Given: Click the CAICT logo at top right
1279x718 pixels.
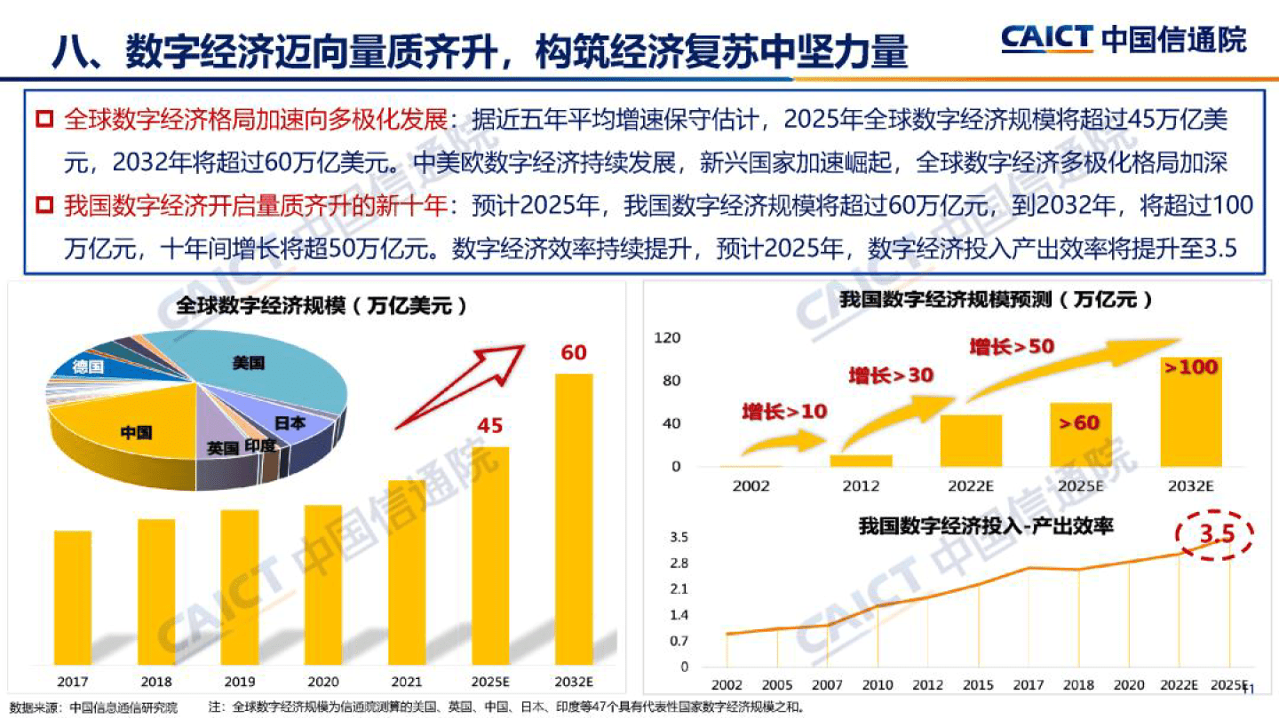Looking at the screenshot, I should pos(1123,39).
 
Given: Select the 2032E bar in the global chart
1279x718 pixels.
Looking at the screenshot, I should pos(574,518).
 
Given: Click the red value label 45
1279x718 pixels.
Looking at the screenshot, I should pos(489,426).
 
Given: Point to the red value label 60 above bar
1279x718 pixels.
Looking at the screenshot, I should pos(574,353).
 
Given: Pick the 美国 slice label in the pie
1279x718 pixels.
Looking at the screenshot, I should pos(249,363).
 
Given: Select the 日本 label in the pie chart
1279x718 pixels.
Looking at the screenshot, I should pos(290,423).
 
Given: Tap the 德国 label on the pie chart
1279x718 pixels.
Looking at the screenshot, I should pos(89,367).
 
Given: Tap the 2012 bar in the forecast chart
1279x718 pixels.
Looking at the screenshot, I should pos(861,460).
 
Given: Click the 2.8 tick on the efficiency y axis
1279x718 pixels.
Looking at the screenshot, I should pos(679,563).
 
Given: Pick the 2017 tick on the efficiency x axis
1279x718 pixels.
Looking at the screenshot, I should pos(1029,686).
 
